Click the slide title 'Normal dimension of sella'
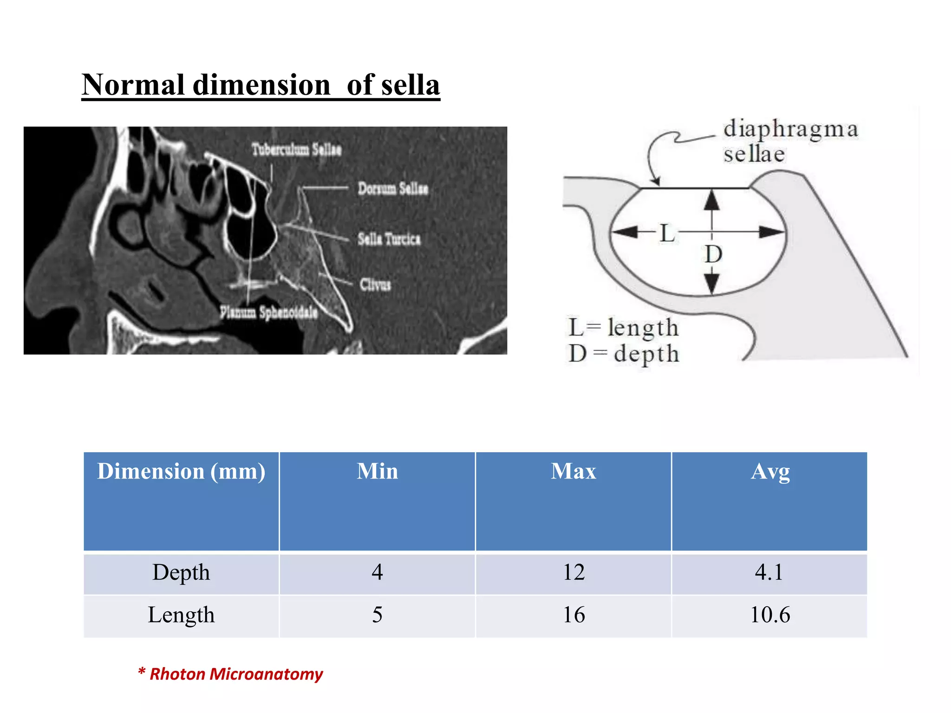(261, 85)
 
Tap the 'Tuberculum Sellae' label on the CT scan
(296, 149)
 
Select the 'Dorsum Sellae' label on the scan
(393, 188)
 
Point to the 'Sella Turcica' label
(389, 239)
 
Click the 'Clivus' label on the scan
(375, 284)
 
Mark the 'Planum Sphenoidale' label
(268, 312)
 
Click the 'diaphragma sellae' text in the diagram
(789, 141)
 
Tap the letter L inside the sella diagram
(667, 233)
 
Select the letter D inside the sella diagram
(713, 254)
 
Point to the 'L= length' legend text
(623, 328)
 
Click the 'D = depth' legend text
(623, 354)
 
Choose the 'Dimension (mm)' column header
(181, 472)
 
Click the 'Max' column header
(573, 472)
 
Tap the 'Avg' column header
(770, 472)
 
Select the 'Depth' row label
(181, 572)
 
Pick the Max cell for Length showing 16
(573, 615)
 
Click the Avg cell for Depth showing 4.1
(769, 572)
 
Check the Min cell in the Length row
(377, 615)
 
